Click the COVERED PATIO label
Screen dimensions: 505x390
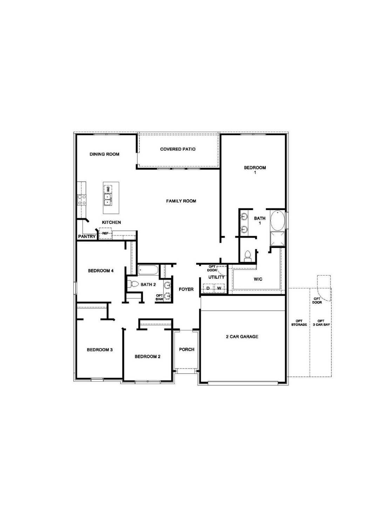[x=178, y=149]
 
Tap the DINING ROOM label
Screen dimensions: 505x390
[x=104, y=154]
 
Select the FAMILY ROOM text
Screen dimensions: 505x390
[x=181, y=201]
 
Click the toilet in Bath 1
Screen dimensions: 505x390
[x=248, y=255]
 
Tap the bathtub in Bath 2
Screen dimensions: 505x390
[x=149, y=270]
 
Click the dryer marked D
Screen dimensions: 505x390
[x=208, y=288]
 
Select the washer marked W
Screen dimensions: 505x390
[x=219, y=288]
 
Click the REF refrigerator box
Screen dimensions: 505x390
[x=105, y=233]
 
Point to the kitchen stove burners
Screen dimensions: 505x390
[x=82, y=200]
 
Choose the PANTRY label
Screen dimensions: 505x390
[x=87, y=237]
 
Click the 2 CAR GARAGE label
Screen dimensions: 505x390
[x=242, y=337]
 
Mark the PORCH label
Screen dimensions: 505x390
[x=186, y=349]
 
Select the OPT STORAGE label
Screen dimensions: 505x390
[x=299, y=323]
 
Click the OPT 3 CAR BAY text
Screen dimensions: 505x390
[x=321, y=323]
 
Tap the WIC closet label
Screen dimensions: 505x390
[x=258, y=280]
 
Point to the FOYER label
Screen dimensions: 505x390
[x=186, y=289]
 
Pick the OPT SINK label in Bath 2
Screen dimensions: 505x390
[x=159, y=297]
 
